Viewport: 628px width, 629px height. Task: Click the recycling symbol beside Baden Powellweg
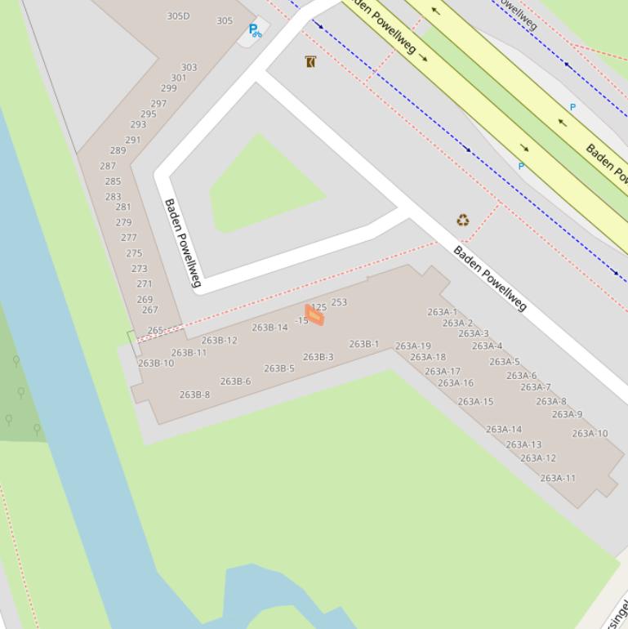(463, 220)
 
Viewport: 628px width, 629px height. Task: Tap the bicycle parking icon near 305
(255, 31)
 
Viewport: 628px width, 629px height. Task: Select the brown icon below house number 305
(310, 62)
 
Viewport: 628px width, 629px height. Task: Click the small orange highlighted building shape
(314, 315)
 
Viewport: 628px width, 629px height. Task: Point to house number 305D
(178, 16)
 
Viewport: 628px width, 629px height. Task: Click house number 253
(339, 302)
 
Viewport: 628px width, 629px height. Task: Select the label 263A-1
(442, 312)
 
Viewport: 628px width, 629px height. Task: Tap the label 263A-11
(558, 479)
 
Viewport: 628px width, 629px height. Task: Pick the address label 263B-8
(194, 395)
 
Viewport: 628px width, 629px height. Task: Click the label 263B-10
(156, 364)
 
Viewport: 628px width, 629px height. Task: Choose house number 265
(155, 331)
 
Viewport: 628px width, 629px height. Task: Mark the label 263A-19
(413, 346)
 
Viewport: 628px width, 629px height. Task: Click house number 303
(189, 68)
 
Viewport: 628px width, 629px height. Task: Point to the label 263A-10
(590, 434)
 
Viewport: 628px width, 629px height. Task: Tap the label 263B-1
(364, 344)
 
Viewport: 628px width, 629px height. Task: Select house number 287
(108, 166)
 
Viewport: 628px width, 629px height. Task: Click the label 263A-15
(475, 402)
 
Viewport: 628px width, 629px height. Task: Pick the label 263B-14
(269, 328)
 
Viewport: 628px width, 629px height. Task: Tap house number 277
(128, 238)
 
